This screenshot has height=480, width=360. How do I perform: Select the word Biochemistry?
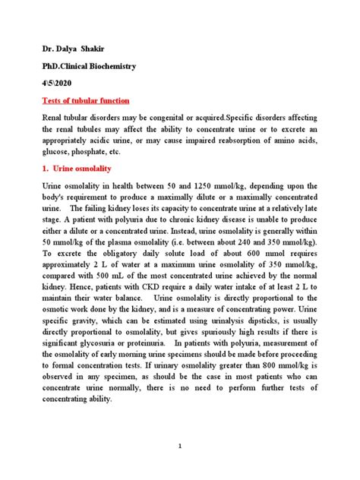(x=122, y=68)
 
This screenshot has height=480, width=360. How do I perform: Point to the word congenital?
(x=179, y=119)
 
